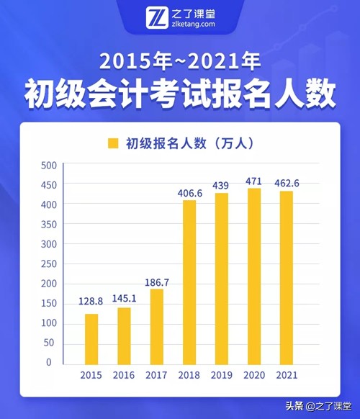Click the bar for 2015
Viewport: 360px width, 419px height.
click(x=91, y=338)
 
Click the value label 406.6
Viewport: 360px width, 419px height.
click(x=189, y=193)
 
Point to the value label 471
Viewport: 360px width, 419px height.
click(x=254, y=181)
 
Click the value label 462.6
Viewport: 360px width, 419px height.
click(x=287, y=184)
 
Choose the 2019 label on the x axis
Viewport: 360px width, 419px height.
click(x=222, y=376)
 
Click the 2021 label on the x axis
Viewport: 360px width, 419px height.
click(x=287, y=376)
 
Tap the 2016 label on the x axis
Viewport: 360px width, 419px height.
click(x=124, y=376)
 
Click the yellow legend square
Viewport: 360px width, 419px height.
click(x=112, y=143)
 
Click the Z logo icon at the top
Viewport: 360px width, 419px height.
click(x=156, y=17)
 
